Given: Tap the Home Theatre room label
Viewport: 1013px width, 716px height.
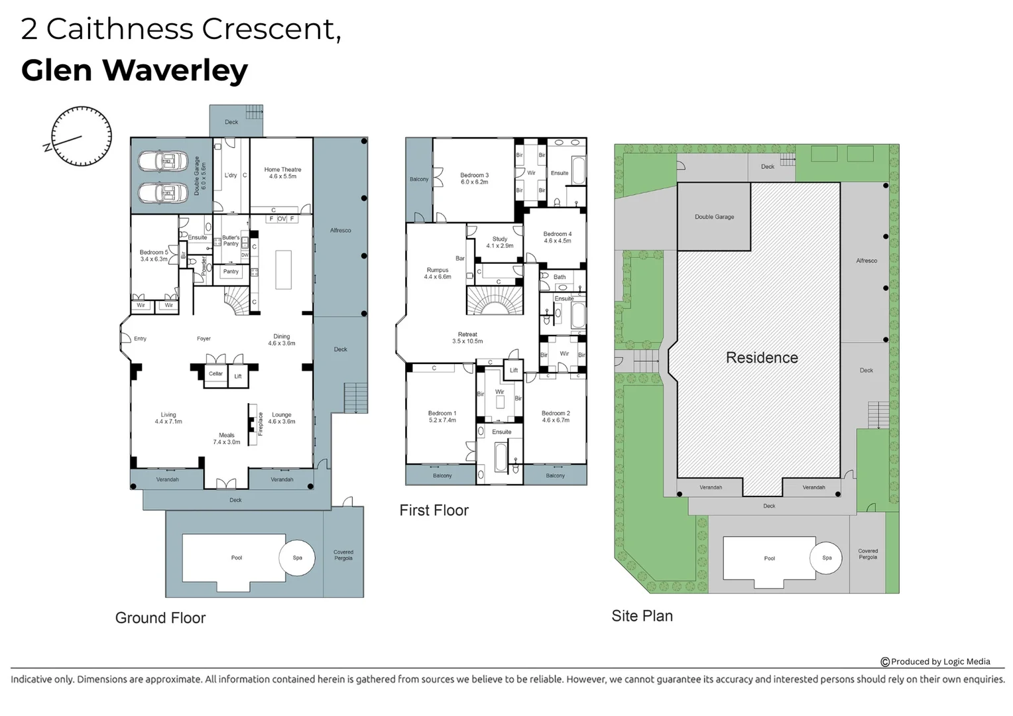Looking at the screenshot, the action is point(282,173).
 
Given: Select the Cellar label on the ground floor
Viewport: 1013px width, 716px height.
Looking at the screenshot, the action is point(215,374).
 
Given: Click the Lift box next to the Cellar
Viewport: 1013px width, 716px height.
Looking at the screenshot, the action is point(238,376).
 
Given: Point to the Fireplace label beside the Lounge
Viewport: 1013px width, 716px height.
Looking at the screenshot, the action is point(261,424).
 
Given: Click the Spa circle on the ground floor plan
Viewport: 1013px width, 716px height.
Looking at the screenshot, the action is point(297,558).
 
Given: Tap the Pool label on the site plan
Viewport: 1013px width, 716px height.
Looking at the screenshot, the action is point(769,558).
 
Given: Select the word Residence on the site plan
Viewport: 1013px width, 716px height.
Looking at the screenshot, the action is point(762,358).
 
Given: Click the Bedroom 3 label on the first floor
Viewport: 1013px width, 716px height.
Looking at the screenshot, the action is point(475,178).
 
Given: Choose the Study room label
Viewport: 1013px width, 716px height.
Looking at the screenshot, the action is point(500,242).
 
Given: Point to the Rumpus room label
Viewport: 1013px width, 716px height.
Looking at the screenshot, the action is point(438,273).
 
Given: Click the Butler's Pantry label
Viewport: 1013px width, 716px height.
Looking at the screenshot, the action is point(231,241).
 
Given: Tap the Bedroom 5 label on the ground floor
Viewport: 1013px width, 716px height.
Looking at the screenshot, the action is point(154,255).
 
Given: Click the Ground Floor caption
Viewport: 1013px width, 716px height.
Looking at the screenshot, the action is point(160,618).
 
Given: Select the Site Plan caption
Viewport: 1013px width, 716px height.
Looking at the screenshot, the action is point(642,616).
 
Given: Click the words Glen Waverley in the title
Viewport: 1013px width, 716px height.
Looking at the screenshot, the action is point(135,70).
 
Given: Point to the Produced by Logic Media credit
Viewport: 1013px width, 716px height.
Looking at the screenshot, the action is point(935,662).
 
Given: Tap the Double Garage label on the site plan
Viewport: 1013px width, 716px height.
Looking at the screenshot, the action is point(714,217).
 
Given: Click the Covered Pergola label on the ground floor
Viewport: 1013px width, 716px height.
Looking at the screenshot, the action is point(343,555).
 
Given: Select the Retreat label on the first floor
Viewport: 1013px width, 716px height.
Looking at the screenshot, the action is point(467,338).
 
